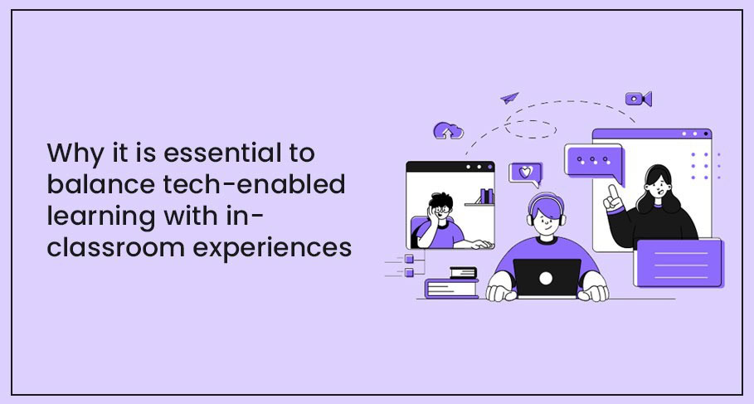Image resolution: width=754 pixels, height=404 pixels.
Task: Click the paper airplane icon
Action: coord(509,98)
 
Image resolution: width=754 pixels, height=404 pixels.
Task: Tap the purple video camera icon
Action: coord(638,99)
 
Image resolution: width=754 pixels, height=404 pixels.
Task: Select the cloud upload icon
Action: coord(448,130)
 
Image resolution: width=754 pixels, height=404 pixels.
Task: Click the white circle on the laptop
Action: coord(547,280)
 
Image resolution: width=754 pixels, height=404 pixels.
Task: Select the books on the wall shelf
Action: coord(485,197)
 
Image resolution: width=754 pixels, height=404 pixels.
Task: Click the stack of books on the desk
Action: coord(454,282)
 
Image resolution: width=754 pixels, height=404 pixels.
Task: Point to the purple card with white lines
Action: coord(678,262)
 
